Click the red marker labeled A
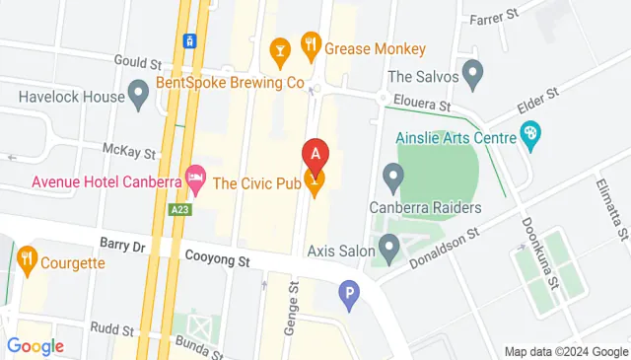[315, 155]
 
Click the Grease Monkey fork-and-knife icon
[311, 44]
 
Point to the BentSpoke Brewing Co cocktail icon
[279, 48]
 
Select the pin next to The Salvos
[473, 73]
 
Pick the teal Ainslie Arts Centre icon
[530, 133]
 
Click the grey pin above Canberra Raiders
[393, 180]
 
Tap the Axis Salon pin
[389, 251]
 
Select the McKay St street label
[129, 151]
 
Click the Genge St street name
[292, 306]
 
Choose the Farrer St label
[494, 19]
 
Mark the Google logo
[35, 346]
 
